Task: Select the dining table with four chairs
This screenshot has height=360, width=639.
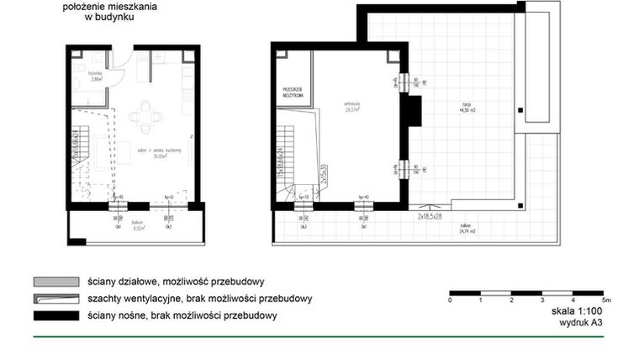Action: [145, 118]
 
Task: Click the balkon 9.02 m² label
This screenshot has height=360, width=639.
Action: [136, 225]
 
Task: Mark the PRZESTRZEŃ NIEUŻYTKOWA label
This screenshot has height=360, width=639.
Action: [293, 93]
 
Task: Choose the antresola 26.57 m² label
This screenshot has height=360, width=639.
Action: [351, 107]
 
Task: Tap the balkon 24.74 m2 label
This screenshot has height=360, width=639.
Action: [467, 229]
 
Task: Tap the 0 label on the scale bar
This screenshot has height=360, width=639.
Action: [451, 299]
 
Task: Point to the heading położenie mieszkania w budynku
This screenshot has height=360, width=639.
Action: [110, 11]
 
